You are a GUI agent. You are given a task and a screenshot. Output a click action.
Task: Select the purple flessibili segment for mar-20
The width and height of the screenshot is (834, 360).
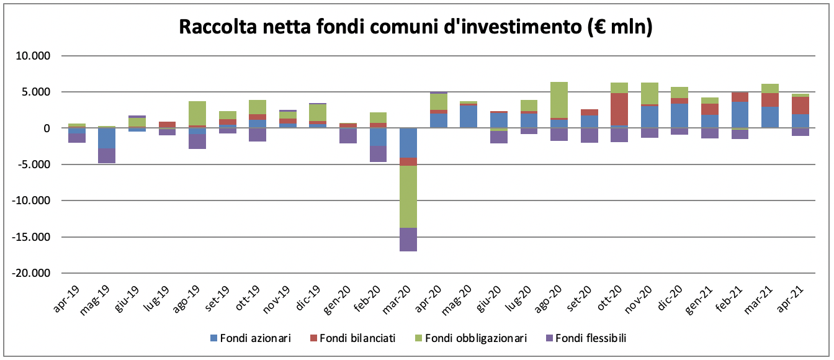[x=408, y=240]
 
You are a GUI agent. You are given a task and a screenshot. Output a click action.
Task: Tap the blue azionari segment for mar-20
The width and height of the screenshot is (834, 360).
[x=408, y=143]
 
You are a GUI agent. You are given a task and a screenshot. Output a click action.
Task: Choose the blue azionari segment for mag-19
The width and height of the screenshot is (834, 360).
[x=107, y=138]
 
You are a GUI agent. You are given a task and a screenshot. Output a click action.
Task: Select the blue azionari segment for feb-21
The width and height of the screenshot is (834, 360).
[x=739, y=115]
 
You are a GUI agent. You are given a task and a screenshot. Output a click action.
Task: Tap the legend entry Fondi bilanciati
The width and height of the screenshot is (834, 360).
[x=351, y=338]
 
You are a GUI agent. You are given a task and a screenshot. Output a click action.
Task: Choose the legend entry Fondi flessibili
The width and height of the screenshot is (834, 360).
[x=590, y=338]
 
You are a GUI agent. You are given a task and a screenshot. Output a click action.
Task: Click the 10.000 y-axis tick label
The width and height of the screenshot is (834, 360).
[x=34, y=56]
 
